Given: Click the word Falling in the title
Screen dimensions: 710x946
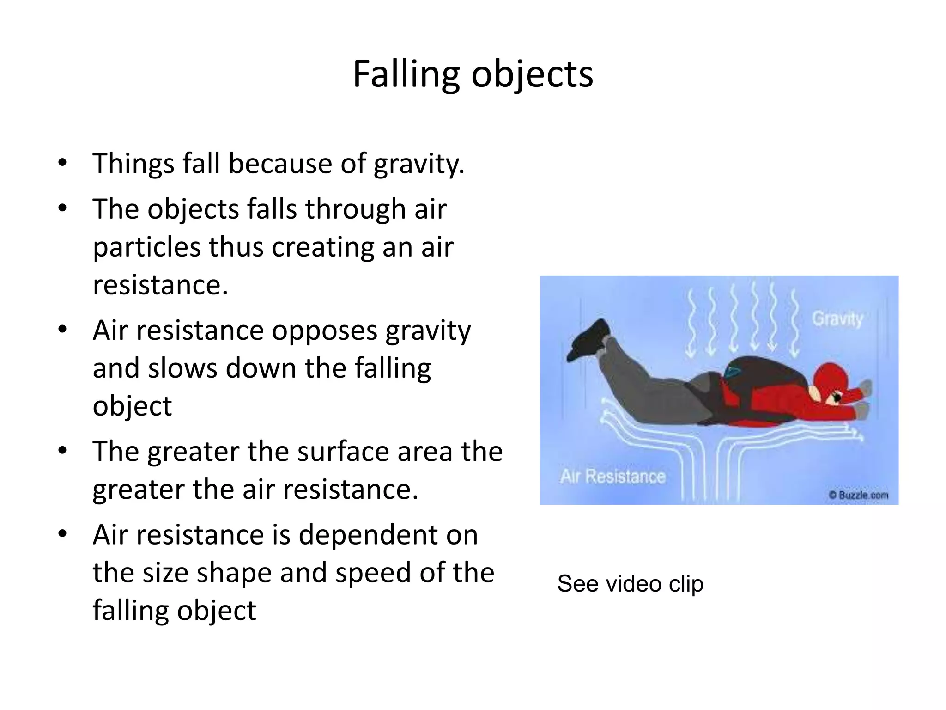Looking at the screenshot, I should point(406,74).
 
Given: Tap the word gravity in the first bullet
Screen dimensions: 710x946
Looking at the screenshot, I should point(418,165).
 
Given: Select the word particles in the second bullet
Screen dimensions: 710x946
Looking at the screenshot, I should point(146,248).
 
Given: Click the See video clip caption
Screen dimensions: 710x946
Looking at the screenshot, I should point(630,584).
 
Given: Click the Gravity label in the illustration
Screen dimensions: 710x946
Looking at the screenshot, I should point(837,319).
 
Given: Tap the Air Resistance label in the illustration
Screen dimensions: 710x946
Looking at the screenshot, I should point(612,476).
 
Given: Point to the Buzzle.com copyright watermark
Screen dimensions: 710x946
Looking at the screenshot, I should point(858,495).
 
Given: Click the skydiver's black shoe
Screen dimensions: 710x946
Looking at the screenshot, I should point(589,340).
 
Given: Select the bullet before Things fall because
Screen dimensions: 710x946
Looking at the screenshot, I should point(62,163).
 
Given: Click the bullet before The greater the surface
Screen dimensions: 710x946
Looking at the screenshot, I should point(62,450).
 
